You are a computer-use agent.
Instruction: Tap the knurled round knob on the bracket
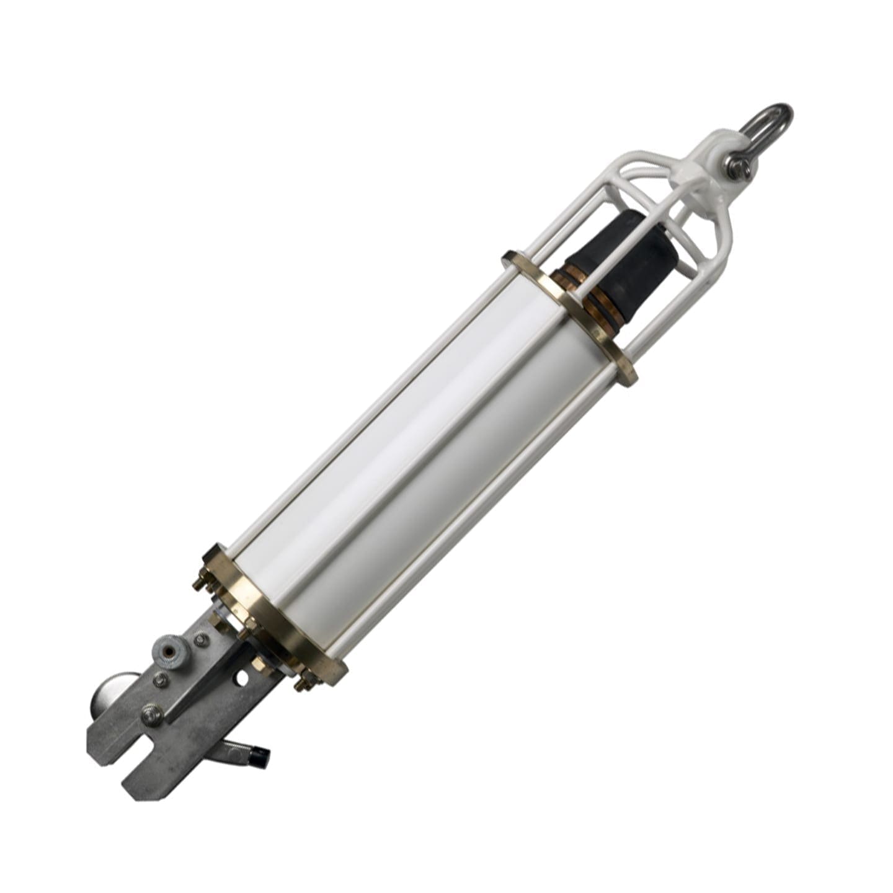click(164, 651)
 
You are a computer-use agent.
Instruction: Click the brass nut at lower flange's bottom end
click(303, 682)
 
